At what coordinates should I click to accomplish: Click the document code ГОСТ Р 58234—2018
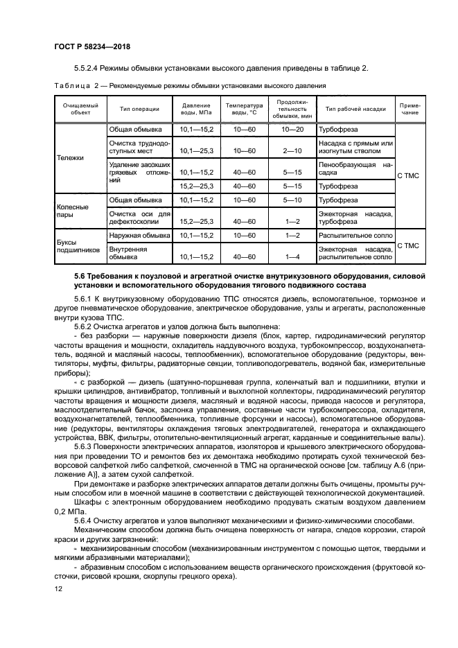[91, 46]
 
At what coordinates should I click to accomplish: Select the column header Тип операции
[139, 108]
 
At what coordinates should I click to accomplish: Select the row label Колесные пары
[72, 210]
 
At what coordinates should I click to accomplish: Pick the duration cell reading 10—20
[292, 130]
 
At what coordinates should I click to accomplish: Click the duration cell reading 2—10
[292, 150]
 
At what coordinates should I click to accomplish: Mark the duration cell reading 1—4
[292, 257]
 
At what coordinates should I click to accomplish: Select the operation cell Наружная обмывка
[136, 236]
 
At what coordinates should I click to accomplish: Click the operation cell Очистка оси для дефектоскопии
[139, 218]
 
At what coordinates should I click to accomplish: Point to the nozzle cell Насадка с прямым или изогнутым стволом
[355, 146]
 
